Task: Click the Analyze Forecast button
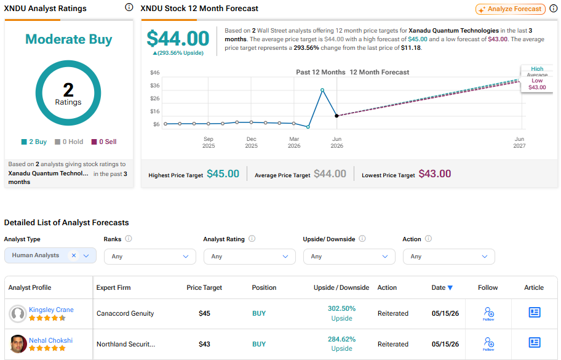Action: tap(511, 9)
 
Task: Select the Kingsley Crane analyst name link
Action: tap(51, 310)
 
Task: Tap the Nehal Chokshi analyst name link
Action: tap(51, 340)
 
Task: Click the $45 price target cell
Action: tap(204, 313)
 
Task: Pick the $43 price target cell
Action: tap(204, 344)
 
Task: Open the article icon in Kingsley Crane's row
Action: tap(535, 313)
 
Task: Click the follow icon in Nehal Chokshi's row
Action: tap(489, 343)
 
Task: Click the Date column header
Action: tap(442, 288)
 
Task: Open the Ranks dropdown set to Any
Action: tap(150, 257)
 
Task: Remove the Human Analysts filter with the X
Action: tap(74, 255)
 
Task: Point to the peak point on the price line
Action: tap(322, 90)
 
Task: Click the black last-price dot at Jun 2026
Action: tap(336, 116)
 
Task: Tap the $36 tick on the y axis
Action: tap(155, 86)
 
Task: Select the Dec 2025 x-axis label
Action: tap(251, 142)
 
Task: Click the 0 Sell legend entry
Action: tap(104, 142)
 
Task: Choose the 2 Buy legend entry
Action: tap(34, 142)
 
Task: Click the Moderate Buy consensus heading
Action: tap(69, 39)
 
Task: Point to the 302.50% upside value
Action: tap(341, 308)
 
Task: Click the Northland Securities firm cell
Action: tap(126, 344)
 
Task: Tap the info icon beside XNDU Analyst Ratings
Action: tap(129, 7)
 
